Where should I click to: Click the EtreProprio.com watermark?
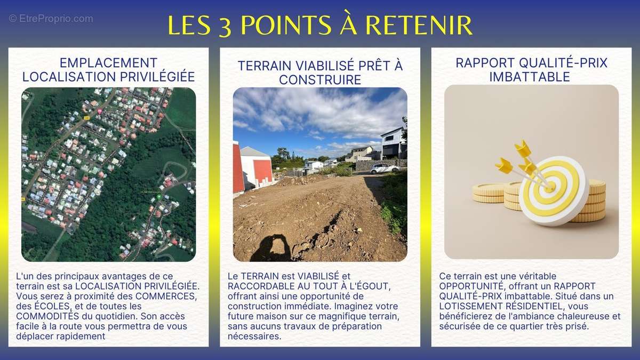tap(51, 19)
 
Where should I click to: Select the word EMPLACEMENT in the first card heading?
tap(108, 63)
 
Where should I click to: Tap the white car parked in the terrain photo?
tap(385, 169)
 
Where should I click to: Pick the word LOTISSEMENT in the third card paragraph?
tap(469, 306)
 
